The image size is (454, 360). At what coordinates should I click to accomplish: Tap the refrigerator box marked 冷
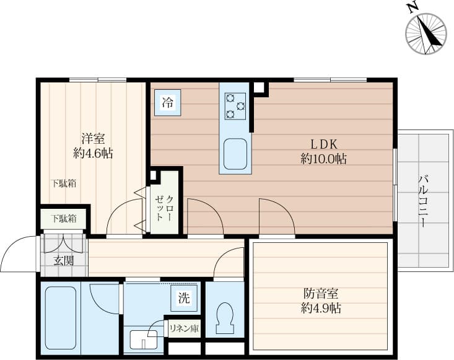(168, 103)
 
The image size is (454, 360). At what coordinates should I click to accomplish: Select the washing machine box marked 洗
(184, 298)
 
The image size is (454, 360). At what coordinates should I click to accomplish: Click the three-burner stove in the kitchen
(235, 106)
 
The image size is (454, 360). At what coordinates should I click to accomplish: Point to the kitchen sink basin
(235, 154)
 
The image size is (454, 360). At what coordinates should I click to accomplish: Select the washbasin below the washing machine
(143, 340)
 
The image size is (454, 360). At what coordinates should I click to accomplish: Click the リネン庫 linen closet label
(184, 329)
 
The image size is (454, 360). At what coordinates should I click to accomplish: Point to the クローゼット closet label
(164, 209)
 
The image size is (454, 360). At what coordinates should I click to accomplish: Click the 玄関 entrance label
(64, 261)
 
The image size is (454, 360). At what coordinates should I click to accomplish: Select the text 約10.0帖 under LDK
(323, 159)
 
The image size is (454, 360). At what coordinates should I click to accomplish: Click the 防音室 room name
(321, 294)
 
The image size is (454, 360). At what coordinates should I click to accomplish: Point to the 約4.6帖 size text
(93, 154)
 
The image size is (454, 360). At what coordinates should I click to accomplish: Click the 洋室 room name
(93, 139)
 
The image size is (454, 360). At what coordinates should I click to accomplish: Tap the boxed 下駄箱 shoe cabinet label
(64, 219)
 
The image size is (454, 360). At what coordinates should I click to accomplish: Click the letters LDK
(324, 144)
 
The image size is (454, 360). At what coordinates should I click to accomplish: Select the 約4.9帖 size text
(321, 309)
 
